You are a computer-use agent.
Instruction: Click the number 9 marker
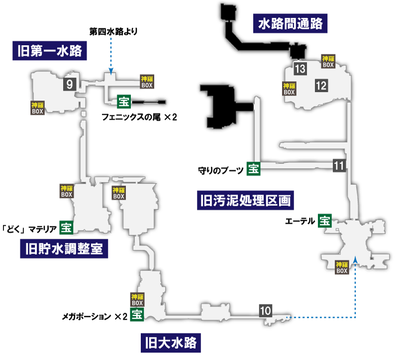coord(70,84)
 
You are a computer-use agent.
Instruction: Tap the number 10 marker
coord(266,311)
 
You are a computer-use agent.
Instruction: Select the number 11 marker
coord(339,166)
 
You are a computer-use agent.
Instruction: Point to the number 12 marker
coord(321,86)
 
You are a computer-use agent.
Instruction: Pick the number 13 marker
coord(300,69)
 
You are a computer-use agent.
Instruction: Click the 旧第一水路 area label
coord(49,51)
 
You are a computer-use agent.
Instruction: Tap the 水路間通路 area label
coord(290,23)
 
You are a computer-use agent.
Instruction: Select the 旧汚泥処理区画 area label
coord(245,200)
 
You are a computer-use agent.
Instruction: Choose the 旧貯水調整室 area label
coord(64,249)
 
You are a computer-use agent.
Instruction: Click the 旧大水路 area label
coord(171,343)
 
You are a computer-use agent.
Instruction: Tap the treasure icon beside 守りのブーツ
coord(254,169)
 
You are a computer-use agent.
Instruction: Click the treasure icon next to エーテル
coord(325,220)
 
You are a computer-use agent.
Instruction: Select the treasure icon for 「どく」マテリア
coord(66,227)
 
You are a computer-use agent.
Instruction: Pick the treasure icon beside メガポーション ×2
coord(137,314)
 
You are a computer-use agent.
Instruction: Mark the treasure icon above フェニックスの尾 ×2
coord(124,101)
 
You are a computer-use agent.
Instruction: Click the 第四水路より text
coord(113,31)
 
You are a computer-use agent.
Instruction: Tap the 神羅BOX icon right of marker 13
coord(328,61)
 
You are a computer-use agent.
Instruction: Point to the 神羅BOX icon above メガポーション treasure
coord(137,300)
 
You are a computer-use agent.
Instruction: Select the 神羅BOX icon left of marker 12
coord(289,89)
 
